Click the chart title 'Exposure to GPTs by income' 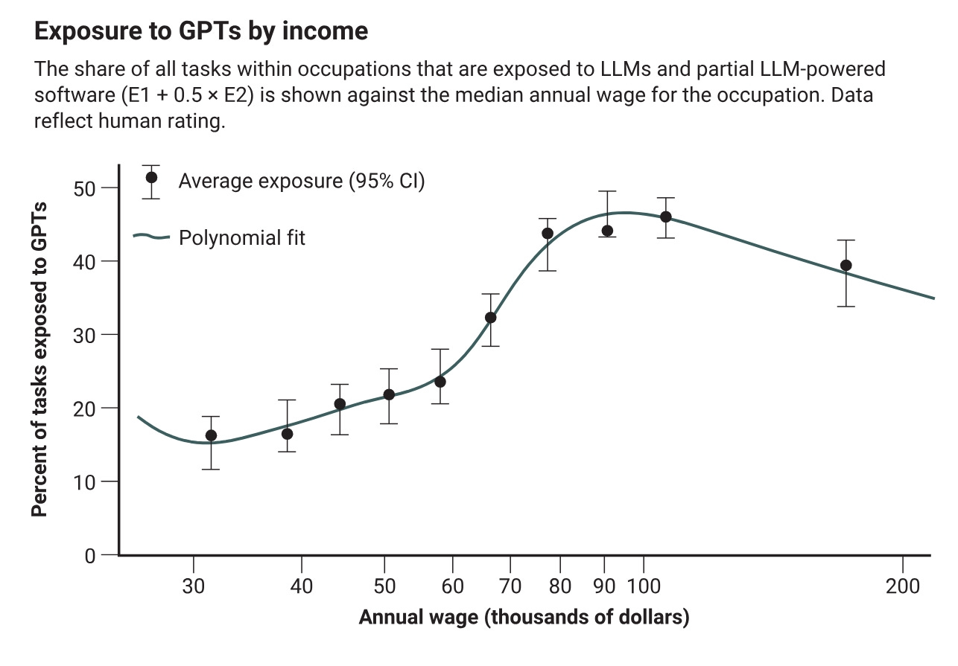click(201, 31)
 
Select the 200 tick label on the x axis click(902, 586)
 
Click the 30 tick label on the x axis click(194, 586)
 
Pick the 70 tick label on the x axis click(510, 586)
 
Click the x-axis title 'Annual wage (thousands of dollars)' click(524, 618)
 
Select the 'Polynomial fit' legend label click(242, 238)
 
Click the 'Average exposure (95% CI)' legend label click(301, 181)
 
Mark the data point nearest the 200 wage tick click(846, 266)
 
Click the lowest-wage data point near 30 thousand click(211, 435)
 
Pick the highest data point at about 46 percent click(665, 217)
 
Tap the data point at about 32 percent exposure click(490, 318)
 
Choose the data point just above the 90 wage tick click(607, 231)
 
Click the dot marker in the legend click(151, 177)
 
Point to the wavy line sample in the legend click(152, 237)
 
